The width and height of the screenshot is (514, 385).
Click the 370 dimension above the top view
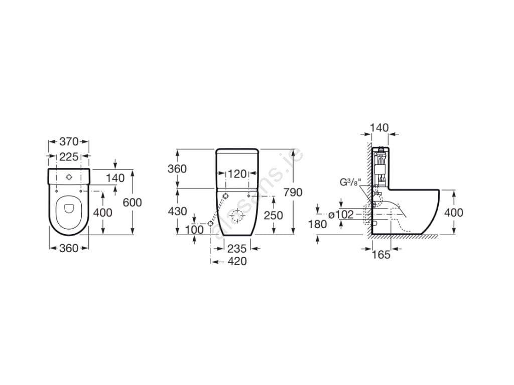69,142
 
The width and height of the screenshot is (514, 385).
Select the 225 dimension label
69,157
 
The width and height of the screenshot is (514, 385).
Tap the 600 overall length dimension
132,203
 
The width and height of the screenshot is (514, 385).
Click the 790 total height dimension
293,192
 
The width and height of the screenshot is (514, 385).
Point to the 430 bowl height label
177,212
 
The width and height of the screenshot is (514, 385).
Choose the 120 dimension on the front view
237,174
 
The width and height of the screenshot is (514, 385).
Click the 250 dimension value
274,216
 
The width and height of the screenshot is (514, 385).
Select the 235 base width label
237,249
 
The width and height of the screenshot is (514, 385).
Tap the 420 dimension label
237,261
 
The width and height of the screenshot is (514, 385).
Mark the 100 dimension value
194,230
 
